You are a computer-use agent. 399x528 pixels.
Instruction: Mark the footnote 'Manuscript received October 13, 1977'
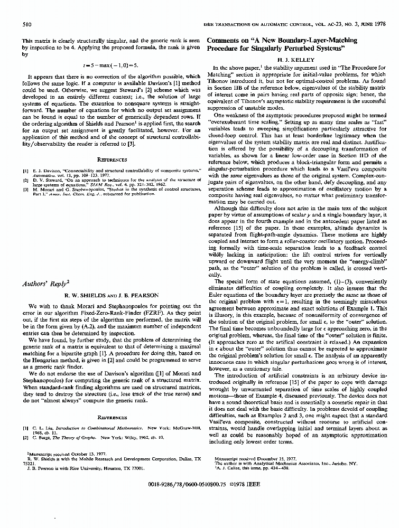point(64,454)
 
